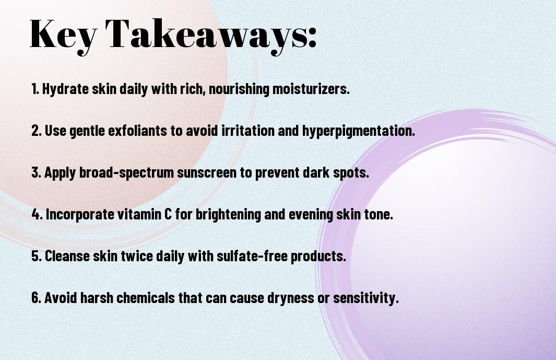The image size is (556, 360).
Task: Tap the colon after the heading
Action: (x=312, y=38)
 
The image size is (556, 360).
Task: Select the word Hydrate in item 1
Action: (x=65, y=89)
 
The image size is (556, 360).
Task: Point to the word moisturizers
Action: (x=311, y=88)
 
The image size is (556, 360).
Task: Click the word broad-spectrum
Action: (x=126, y=173)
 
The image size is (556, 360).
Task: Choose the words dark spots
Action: (x=336, y=172)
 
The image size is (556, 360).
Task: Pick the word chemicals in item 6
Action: (x=145, y=297)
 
